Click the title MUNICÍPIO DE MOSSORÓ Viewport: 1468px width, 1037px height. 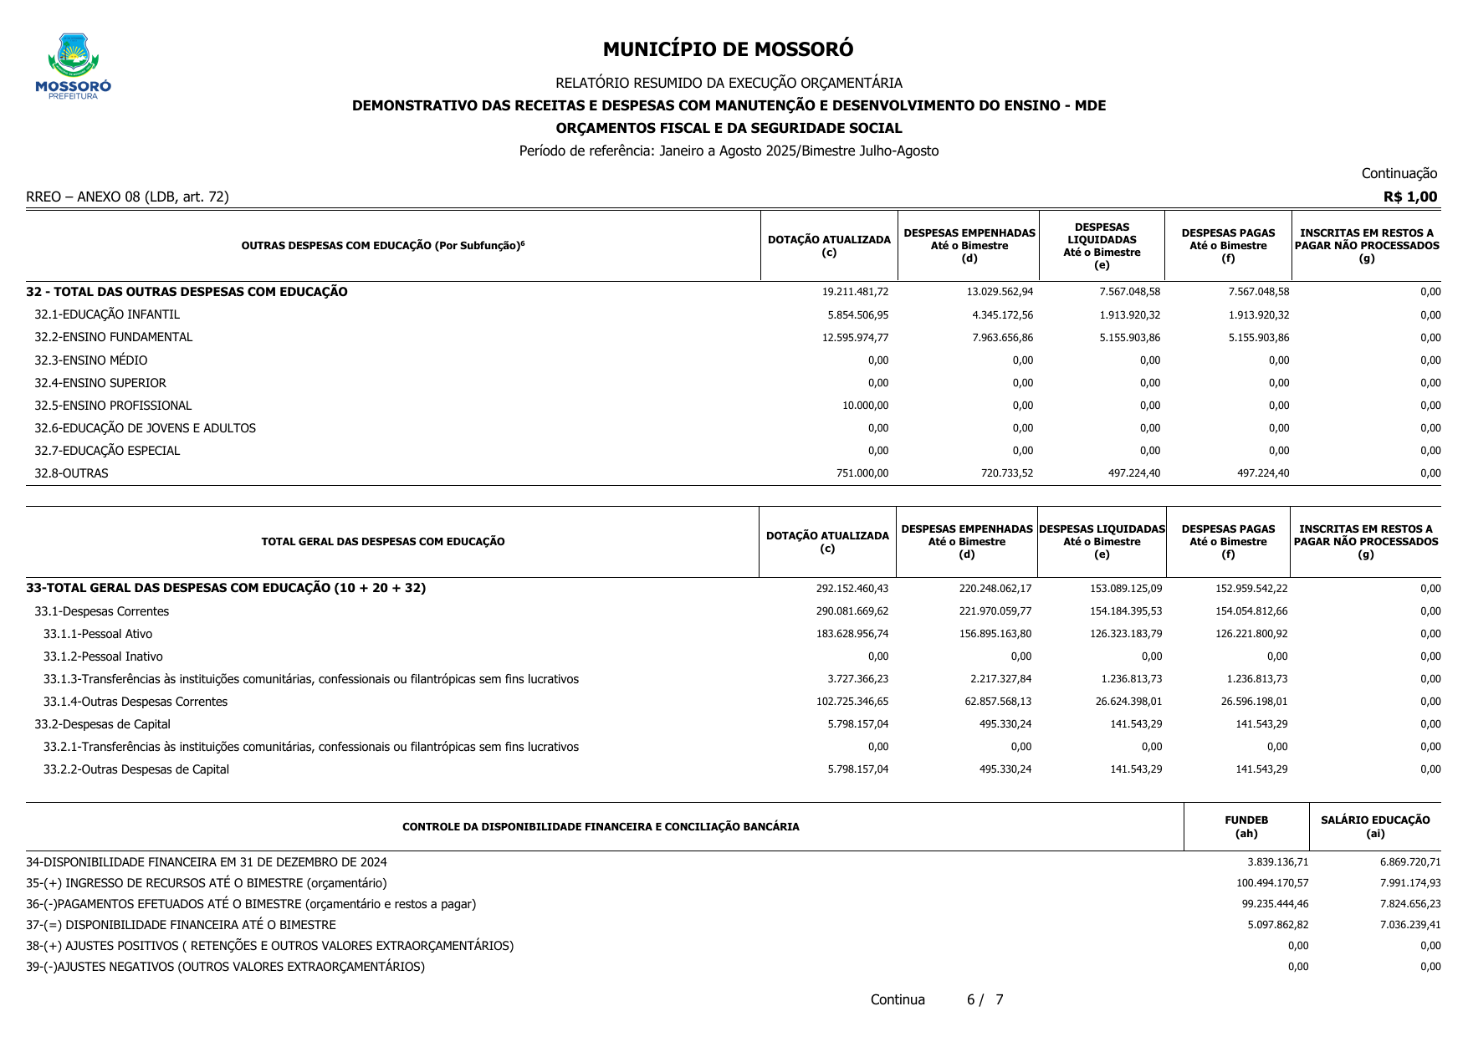[x=728, y=49]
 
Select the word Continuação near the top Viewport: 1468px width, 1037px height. [x=1399, y=173]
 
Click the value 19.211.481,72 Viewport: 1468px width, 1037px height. [x=855, y=292]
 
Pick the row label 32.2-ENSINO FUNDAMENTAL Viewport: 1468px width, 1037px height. [x=113, y=337]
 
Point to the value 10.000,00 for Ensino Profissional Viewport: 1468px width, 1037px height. [x=865, y=406]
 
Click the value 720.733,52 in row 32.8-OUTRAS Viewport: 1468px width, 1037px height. [x=1006, y=473]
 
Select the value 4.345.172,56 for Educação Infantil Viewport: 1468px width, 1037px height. [x=1002, y=315]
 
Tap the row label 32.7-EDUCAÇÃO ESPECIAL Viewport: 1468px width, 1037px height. [x=107, y=451]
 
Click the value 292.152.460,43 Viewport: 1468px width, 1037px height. [x=852, y=589]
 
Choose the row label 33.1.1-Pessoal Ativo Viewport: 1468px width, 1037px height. [x=98, y=634]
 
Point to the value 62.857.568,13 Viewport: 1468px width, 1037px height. [x=997, y=702]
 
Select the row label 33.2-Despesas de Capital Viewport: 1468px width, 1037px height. [x=102, y=724]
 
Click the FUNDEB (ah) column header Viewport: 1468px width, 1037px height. [x=1245, y=826]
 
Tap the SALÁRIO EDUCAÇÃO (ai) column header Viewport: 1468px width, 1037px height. [x=1374, y=826]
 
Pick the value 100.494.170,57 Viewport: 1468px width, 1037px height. [x=1271, y=883]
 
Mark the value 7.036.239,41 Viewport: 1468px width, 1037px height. [x=1409, y=925]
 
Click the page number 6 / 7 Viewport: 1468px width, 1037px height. [x=985, y=999]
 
